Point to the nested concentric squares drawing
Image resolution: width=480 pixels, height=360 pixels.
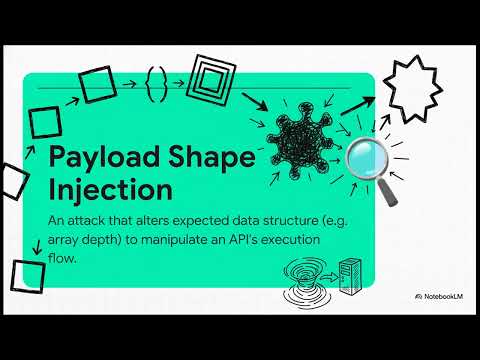coord(213,76)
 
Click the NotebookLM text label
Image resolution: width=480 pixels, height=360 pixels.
coord(442,297)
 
